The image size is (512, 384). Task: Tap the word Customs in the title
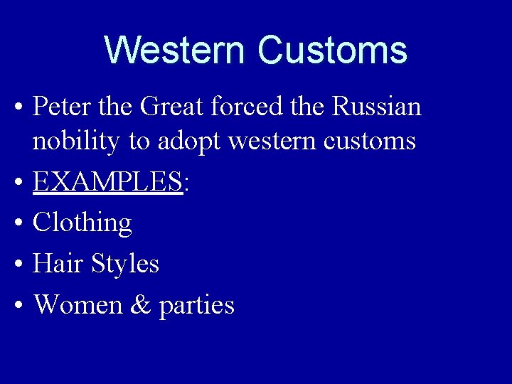tap(332, 50)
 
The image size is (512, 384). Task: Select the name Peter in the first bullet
tap(59, 107)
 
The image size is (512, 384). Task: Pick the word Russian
tap(376, 107)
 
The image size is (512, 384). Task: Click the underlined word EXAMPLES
tap(108, 183)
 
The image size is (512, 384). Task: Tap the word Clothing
tap(82, 223)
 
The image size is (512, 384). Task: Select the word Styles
tap(126, 265)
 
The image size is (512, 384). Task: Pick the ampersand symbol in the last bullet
tap(141, 305)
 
